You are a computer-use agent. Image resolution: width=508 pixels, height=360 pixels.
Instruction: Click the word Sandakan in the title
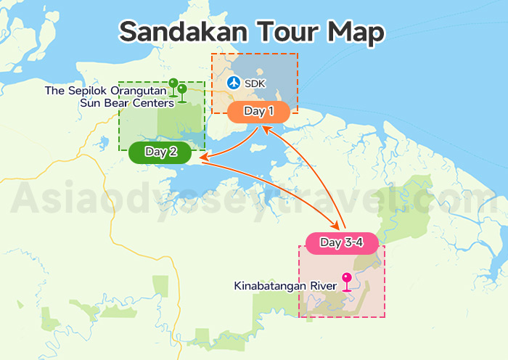176,32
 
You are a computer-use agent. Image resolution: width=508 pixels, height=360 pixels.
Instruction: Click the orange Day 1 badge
259,112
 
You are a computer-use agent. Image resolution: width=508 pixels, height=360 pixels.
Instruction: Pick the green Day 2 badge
160,152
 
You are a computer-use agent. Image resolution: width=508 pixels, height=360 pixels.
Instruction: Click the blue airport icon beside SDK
233,83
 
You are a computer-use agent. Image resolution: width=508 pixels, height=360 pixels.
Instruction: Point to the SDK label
255,84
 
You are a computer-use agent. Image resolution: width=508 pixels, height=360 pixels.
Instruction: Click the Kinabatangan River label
285,286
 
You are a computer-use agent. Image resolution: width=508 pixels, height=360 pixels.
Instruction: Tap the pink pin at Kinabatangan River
347,279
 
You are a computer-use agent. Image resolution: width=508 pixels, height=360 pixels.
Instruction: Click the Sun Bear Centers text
127,102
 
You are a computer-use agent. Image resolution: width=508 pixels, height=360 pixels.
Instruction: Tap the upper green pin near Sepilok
173,84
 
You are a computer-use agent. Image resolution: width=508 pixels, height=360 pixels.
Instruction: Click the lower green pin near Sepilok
181,91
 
